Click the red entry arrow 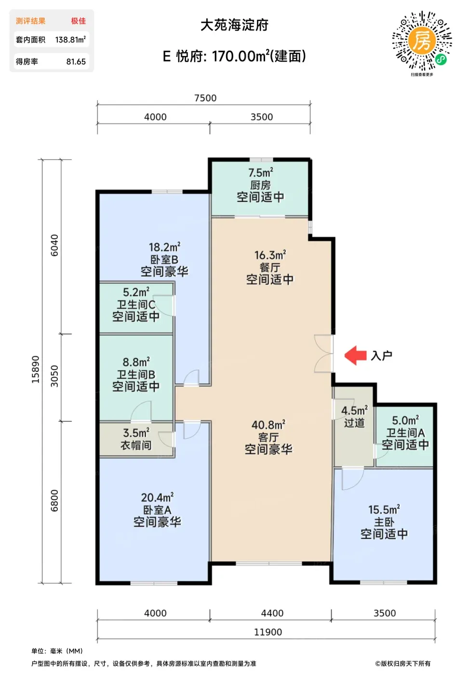click(x=355, y=355)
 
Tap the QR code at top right click(x=422, y=41)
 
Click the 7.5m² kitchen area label click(x=261, y=173)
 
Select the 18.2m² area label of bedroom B click(x=164, y=247)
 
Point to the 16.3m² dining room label click(x=270, y=255)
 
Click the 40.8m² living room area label click(x=268, y=425)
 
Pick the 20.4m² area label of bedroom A click(x=157, y=498)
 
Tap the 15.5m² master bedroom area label click(x=384, y=510)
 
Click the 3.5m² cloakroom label click(x=136, y=433)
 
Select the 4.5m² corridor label click(x=354, y=410)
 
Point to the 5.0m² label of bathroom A click(x=405, y=420)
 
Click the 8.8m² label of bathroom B click(x=136, y=362)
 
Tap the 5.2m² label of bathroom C click(x=136, y=292)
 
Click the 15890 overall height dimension click(x=36, y=369)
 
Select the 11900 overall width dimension click(x=268, y=632)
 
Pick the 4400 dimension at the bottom click(x=272, y=613)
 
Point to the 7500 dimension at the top click(x=205, y=98)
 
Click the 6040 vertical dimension click(x=54, y=245)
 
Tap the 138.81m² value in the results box click(x=70, y=40)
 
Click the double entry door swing click(x=323, y=353)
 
